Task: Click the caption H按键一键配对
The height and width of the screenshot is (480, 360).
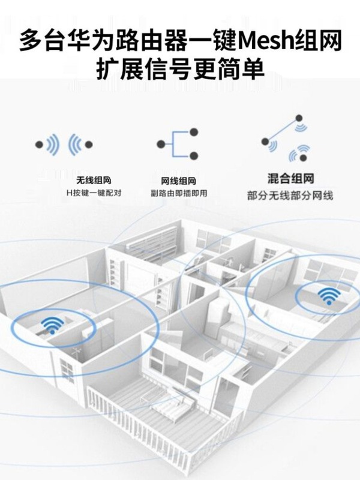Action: (x=94, y=194)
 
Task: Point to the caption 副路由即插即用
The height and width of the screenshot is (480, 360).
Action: (x=179, y=194)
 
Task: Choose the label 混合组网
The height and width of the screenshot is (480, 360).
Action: (x=290, y=178)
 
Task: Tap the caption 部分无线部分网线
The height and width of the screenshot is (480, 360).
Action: (x=290, y=196)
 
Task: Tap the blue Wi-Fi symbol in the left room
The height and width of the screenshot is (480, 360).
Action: (x=52, y=325)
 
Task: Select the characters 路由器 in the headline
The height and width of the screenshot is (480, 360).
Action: (x=149, y=41)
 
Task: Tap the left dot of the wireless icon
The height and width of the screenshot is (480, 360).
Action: (x=39, y=144)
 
